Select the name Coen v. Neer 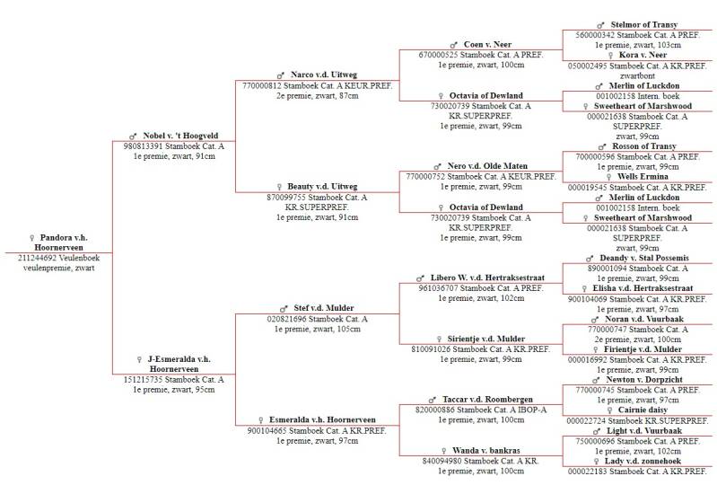(x=487, y=44)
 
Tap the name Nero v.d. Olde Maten (x=487, y=166)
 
